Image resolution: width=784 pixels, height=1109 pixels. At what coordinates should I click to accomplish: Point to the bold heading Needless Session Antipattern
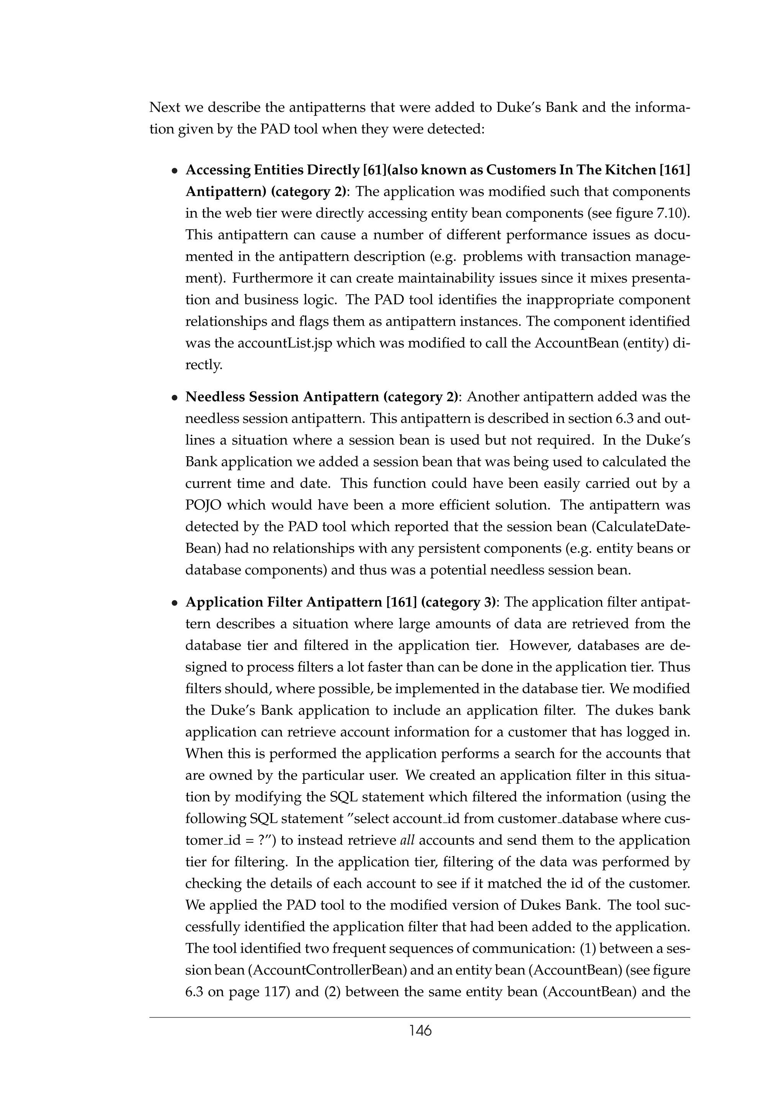click(x=282, y=397)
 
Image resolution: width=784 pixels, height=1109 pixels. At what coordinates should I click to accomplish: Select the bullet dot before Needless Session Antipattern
click(x=175, y=398)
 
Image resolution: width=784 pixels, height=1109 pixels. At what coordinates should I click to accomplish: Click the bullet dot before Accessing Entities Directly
click(x=175, y=171)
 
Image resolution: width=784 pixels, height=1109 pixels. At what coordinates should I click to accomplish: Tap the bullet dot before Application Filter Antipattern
click(x=175, y=603)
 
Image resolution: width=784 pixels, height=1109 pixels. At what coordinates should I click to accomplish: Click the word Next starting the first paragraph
click(x=165, y=107)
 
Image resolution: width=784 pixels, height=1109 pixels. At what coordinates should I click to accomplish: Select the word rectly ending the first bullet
click(x=204, y=365)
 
